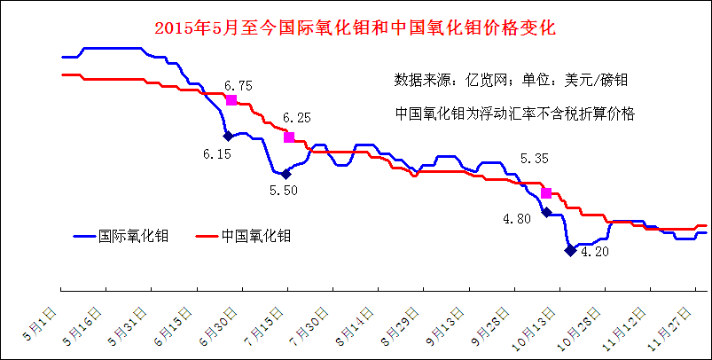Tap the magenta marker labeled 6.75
tap(231, 100)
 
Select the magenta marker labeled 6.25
tap(288, 137)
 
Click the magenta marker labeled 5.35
tap(546, 192)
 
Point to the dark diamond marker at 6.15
tap(228, 136)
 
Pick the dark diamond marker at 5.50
tap(285, 175)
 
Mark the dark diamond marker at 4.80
tap(546, 212)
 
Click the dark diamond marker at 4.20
tap(569, 250)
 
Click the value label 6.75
tap(239, 85)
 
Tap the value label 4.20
tap(594, 252)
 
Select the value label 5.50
tap(284, 190)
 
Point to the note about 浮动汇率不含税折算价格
tap(518, 113)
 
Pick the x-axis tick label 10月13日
tap(536, 327)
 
